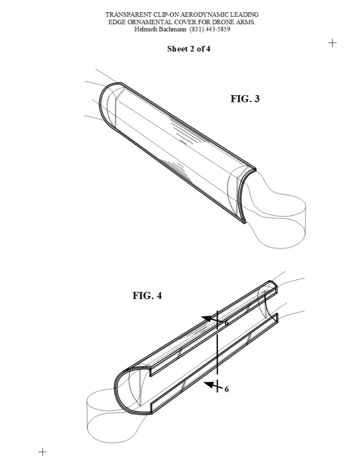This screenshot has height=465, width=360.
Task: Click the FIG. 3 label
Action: pyautogui.click(x=245, y=99)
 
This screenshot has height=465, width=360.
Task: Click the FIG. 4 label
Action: pyautogui.click(x=147, y=295)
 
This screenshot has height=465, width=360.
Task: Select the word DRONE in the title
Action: pyautogui.click(x=222, y=22)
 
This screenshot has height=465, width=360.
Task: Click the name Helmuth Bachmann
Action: pyautogui.click(x=160, y=29)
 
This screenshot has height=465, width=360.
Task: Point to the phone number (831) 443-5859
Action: pyautogui.click(x=210, y=29)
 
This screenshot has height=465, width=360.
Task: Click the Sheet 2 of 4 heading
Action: pyautogui.click(x=188, y=49)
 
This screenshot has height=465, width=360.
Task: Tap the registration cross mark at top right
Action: pyautogui.click(x=332, y=43)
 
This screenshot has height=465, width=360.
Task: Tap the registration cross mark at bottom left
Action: pyautogui.click(x=43, y=452)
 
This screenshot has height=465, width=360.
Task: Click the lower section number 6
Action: pyautogui.click(x=226, y=389)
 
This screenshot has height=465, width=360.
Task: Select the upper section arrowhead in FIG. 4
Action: pyautogui.click(x=208, y=319)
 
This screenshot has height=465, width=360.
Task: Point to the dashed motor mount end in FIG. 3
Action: pyautogui.click(x=276, y=219)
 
